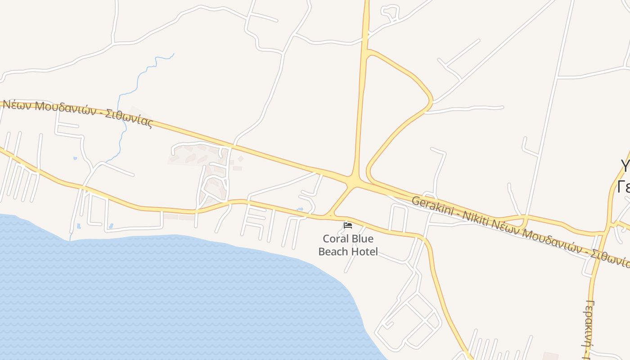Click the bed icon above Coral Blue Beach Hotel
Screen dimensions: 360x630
point(347,225)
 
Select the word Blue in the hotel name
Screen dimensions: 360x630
point(362,239)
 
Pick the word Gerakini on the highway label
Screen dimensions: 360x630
point(430,205)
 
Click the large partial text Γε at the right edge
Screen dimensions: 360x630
point(624,186)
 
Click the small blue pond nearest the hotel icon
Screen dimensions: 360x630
point(300,209)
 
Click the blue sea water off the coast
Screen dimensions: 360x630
point(157,292)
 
